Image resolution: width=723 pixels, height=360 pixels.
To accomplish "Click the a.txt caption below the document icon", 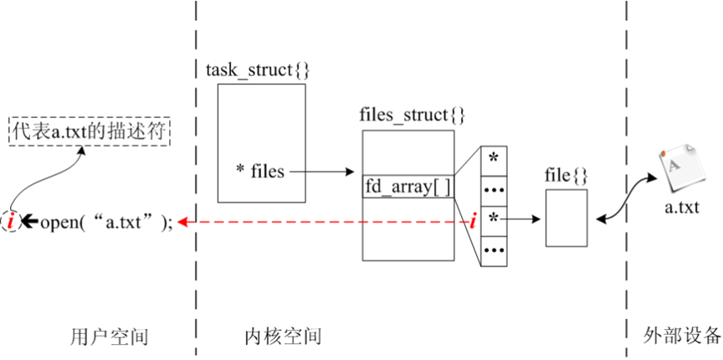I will click(x=681, y=206).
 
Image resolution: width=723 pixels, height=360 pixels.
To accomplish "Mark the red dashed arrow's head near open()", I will click(x=182, y=221).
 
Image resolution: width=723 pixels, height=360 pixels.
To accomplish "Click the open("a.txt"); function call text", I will click(x=106, y=221).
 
